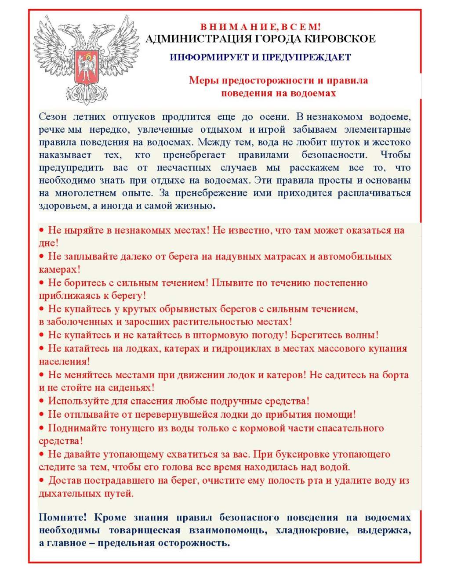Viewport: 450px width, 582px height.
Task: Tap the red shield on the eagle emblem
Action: point(87,67)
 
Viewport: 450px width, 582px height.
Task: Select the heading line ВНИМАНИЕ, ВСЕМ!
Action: point(261,27)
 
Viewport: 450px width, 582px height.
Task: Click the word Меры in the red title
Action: point(204,80)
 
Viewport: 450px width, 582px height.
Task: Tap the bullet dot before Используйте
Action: point(42,401)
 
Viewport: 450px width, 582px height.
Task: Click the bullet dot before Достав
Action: point(42,481)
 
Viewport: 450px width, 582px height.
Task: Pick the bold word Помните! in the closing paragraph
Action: point(63,517)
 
